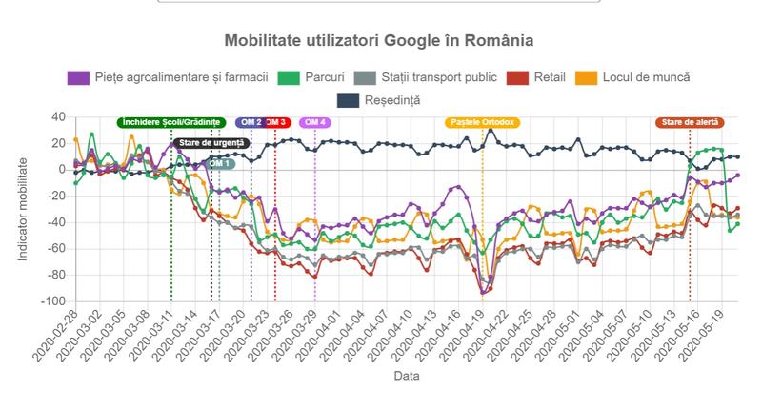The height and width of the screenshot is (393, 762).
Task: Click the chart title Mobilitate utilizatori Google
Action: tap(378, 42)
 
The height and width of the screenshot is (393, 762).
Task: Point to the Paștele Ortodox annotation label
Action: tap(482, 122)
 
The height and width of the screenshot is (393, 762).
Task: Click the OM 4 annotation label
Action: tap(315, 122)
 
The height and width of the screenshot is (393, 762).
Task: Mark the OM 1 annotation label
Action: tap(219, 163)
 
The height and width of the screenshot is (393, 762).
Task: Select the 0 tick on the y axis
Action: tap(62, 170)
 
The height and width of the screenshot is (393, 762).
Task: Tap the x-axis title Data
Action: tap(407, 377)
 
